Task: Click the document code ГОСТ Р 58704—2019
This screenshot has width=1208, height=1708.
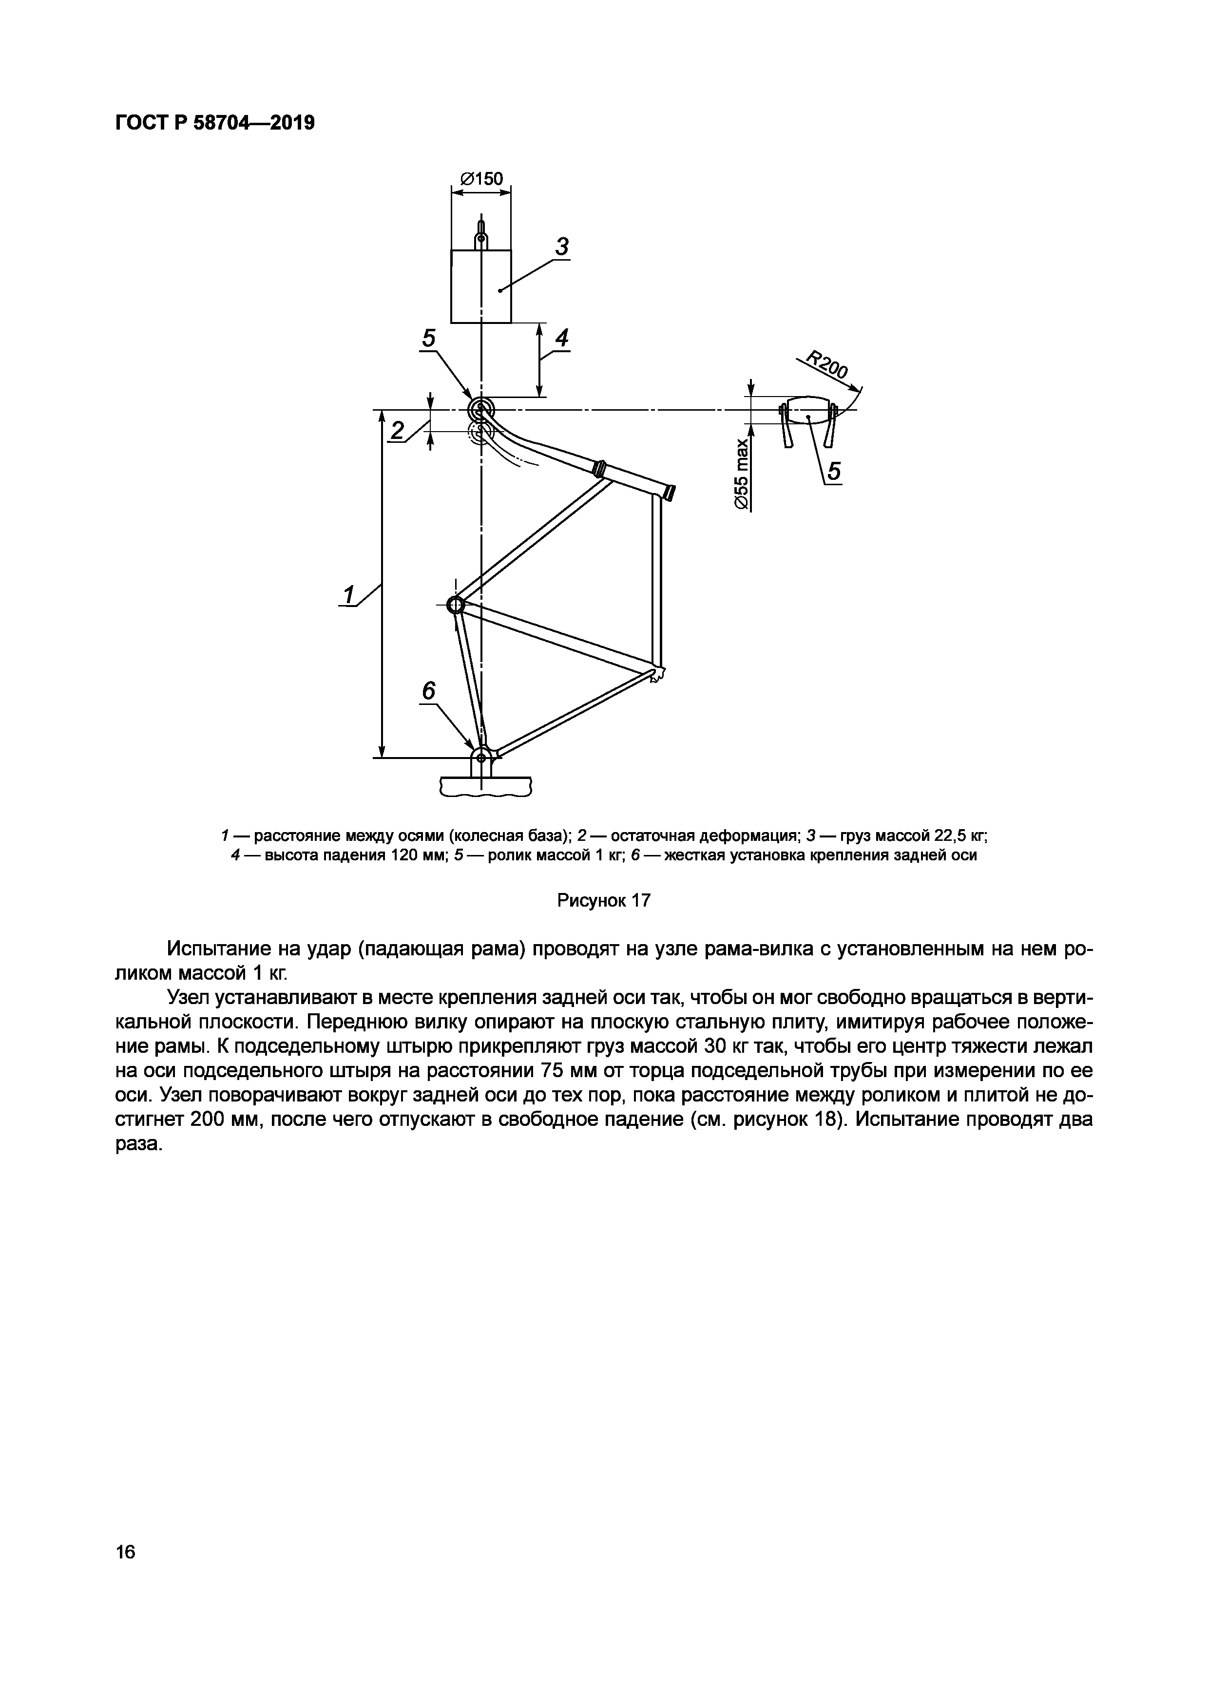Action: point(215,123)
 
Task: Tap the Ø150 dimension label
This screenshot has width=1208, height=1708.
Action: point(481,178)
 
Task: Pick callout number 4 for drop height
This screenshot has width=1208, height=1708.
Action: point(561,339)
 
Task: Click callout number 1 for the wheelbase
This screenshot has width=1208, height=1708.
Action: point(349,595)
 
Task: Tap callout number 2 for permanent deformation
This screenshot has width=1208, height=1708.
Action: point(398,431)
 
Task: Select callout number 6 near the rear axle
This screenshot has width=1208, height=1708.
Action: point(429,691)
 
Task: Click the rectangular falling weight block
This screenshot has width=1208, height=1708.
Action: point(481,286)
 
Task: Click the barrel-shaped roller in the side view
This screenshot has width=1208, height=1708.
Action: point(807,410)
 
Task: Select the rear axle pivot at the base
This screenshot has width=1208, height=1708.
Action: point(481,757)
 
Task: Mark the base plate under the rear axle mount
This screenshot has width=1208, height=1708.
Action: point(485,786)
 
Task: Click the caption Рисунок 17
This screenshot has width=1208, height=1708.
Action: point(604,901)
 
